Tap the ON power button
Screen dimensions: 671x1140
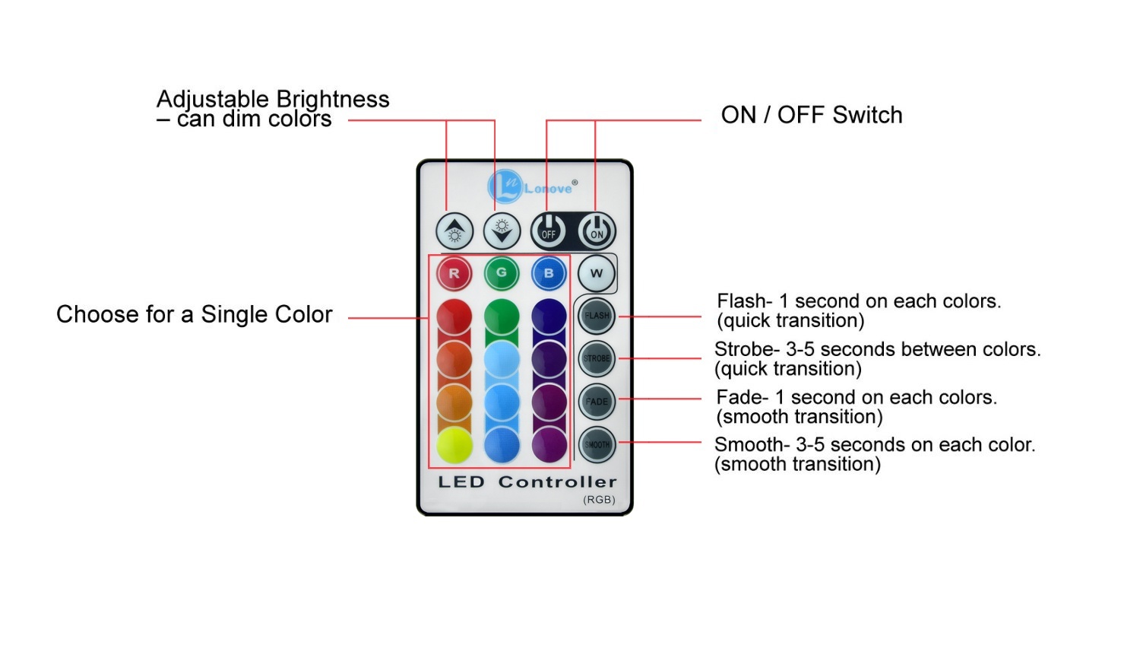pos(597,231)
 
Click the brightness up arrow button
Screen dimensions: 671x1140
pos(454,231)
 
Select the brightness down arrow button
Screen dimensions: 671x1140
pos(502,231)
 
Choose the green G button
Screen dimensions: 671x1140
pos(501,274)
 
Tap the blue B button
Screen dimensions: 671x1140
pos(549,274)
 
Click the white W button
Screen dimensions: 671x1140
pos(596,274)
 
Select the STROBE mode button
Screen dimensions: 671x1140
pos(597,358)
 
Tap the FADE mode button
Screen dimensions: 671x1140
pos(597,402)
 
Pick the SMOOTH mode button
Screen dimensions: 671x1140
pos(597,445)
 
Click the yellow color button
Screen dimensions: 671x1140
pos(454,445)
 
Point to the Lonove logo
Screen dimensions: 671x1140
pos(532,186)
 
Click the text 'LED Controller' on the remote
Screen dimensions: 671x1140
pos(527,482)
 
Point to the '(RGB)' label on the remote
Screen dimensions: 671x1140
pos(599,500)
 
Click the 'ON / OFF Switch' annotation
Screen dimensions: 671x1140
pos(812,115)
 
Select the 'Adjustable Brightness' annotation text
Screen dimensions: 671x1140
pos(273,100)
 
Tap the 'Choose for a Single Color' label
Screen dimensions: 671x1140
pos(195,314)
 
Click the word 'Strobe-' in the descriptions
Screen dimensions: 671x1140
pos(747,350)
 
